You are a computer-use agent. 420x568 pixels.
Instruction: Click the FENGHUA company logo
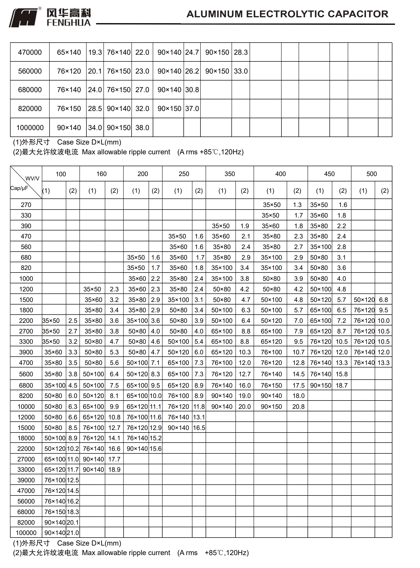pyautogui.click(x=50, y=17)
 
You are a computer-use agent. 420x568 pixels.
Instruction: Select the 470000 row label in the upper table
pyautogui.click(x=30, y=52)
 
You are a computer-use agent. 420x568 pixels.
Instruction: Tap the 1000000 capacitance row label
pyautogui.click(x=30, y=128)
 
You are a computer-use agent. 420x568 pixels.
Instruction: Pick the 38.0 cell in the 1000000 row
pyautogui.click(x=142, y=128)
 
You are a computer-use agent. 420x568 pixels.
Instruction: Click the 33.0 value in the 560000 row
pyautogui.click(x=241, y=71)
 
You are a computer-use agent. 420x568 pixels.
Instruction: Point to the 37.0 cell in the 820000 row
pyautogui.click(x=192, y=109)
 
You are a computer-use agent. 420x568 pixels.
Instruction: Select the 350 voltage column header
pyautogui.click(x=230, y=174)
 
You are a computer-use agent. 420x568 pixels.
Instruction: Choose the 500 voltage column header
pyautogui.click(x=371, y=174)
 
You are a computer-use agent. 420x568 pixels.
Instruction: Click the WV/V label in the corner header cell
pyautogui.click(x=33, y=178)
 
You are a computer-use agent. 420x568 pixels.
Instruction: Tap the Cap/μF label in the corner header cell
pyautogui.click(x=19, y=188)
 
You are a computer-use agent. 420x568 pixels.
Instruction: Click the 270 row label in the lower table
pyautogui.click(x=26, y=205)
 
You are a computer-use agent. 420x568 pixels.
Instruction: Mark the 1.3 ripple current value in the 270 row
pyautogui.click(x=297, y=205)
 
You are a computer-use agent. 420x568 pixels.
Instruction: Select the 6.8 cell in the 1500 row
pyautogui.click(x=383, y=300)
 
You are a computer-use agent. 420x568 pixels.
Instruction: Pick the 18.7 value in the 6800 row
pyautogui.click(x=342, y=386)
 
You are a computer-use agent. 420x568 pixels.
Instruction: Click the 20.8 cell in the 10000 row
pyautogui.click(x=298, y=407)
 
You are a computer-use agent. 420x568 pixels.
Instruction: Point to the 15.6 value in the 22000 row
pyautogui.click(x=156, y=449)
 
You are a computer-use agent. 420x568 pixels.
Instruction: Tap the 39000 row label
pyautogui.click(x=26, y=480)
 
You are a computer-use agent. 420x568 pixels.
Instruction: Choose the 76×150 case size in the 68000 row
pyautogui.click(x=55, y=512)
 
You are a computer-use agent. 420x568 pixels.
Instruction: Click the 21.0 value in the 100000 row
pyautogui.click(x=73, y=533)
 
